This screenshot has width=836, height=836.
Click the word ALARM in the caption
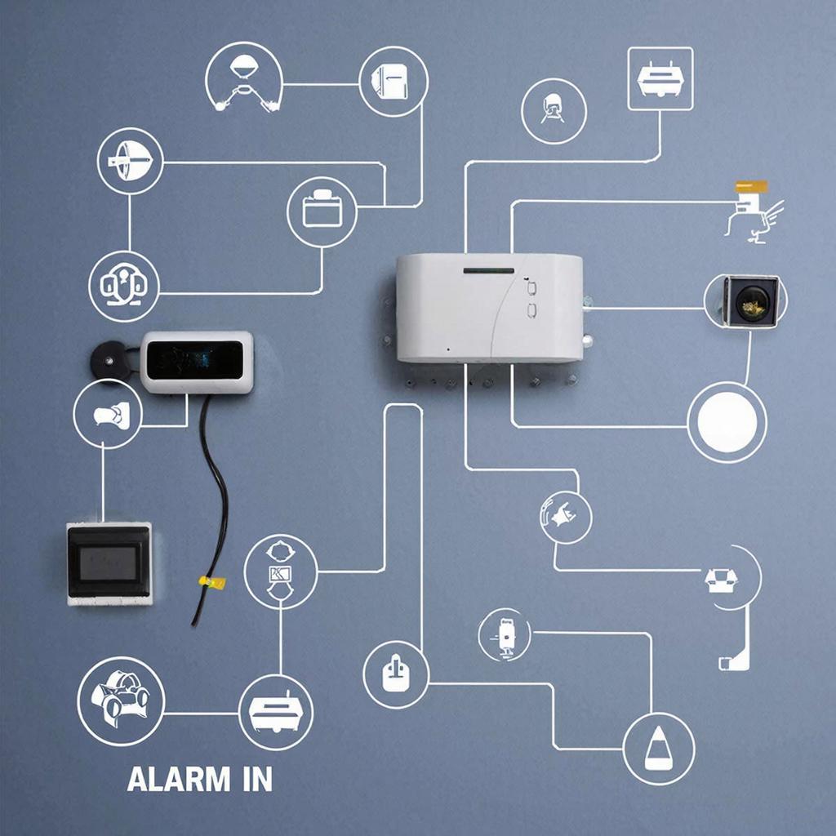click(x=179, y=779)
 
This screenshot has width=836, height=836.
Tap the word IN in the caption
click(x=257, y=779)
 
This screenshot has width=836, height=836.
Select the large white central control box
click(x=490, y=308)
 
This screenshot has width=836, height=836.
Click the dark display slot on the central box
click(x=489, y=271)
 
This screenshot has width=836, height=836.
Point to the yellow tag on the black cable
click(x=212, y=581)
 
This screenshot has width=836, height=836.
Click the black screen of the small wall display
click(x=194, y=361)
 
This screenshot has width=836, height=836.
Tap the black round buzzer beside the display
click(x=110, y=361)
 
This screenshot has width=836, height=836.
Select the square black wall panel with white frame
click(x=109, y=563)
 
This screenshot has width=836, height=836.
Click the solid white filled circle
click(x=727, y=422)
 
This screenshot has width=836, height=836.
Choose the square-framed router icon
click(x=660, y=79)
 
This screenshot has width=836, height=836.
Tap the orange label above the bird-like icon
click(x=751, y=187)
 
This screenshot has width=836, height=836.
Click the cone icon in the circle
click(x=659, y=749)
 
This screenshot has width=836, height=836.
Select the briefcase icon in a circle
click(x=322, y=212)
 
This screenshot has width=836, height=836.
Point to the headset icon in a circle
click(x=124, y=287)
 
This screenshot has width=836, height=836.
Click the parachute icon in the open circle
click(x=244, y=78)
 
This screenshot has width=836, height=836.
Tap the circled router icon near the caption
click(x=276, y=712)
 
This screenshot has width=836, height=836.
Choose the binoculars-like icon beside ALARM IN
click(x=121, y=701)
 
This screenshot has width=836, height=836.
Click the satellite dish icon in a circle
click(x=130, y=161)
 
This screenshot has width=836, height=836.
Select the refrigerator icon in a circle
click(x=394, y=81)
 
